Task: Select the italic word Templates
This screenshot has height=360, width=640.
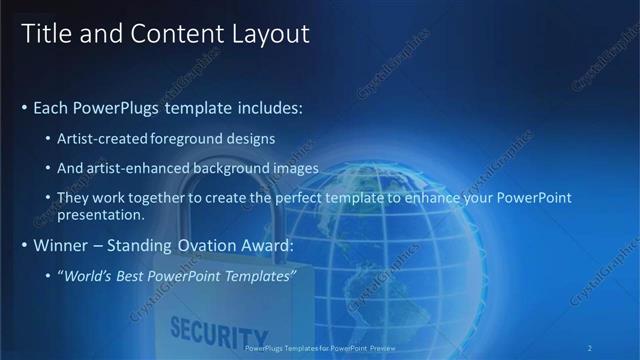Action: click(261, 275)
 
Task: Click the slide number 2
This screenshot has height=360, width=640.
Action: click(591, 348)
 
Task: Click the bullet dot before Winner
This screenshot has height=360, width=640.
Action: click(24, 245)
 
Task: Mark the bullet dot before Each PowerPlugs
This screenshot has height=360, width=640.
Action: click(24, 107)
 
